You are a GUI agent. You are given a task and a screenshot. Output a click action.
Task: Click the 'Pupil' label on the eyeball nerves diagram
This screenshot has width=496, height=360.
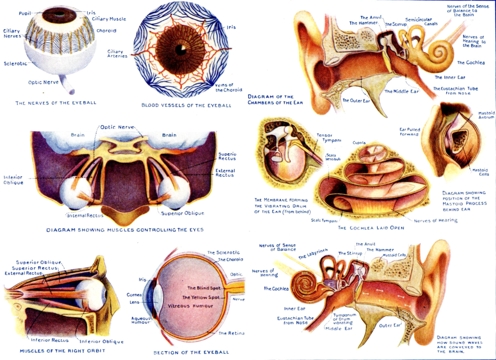pyautogui.click(x=24, y=14)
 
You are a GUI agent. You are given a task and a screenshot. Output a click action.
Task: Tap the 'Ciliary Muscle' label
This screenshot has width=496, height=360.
pyautogui.click(x=109, y=19)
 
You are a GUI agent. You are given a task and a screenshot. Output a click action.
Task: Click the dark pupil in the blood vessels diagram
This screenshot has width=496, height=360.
pyautogui.click(x=181, y=49)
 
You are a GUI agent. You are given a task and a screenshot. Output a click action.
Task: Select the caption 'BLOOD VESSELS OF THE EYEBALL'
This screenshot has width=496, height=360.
pyautogui.click(x=186, y=106)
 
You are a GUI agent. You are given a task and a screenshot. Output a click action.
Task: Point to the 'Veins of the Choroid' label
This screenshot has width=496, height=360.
pyautogui.click(x=228, y=87)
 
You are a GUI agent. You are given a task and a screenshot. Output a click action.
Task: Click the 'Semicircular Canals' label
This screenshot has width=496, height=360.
pyautogui.click(x=421, y=22)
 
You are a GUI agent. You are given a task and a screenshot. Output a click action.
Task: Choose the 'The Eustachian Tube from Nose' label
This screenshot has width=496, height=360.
pyautogui.click(x=456, y=91)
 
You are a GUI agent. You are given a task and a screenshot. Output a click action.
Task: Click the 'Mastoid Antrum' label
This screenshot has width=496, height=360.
pyautogui.click(x=486, y=115)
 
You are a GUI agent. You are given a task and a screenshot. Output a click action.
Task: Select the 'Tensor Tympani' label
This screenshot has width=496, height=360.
pyautogui.click(x=329, y=138)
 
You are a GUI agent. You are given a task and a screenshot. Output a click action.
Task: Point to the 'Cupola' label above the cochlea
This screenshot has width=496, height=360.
pyautogui.click(x=359, y=143)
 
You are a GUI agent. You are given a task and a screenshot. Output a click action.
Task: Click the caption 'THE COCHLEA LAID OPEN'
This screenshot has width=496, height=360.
pyautogui.click(x=371, y=228)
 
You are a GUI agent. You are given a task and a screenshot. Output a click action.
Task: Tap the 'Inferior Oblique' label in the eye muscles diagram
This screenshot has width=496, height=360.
pyautogui.click(x=13, y=180)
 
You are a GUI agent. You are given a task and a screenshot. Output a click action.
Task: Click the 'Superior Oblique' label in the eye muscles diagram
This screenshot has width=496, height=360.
pyautogui.click(x=183, y=213)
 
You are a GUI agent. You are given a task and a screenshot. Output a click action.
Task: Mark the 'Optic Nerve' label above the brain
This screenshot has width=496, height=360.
pyautogui.click(x=117, y=127)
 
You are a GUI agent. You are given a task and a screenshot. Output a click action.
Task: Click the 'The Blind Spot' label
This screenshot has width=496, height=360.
pyautogui.click(x=204, y=288)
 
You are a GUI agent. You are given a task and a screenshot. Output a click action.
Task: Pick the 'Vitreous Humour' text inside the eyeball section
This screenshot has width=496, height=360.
pyautogui.click(x=190, y=306)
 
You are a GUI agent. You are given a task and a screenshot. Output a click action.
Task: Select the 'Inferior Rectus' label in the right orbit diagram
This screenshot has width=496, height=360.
pyautogui.click(x=50, y=340)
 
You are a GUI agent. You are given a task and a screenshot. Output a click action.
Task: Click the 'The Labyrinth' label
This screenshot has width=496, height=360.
pyautogui.click(x=313, y=254)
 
